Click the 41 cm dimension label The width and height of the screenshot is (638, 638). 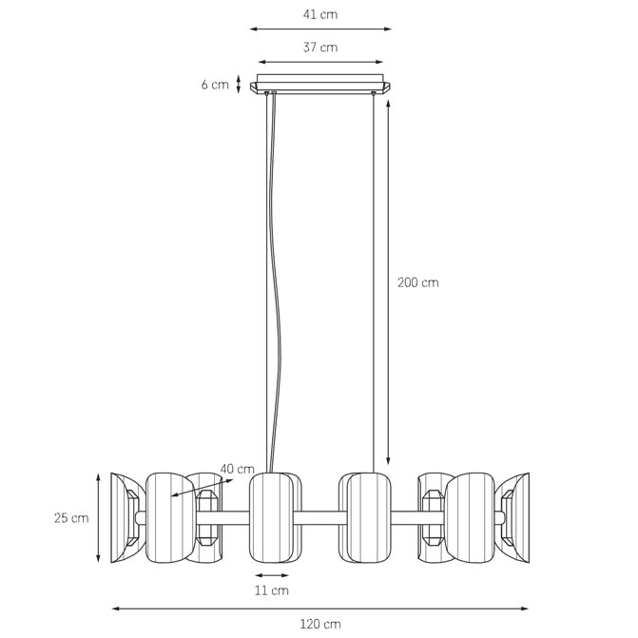pyautogui.click(x=320, y=14)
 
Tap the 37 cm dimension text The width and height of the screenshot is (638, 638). pyautogui.click(x=320, y=48)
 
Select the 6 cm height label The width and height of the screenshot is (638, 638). pyautogui.click(x=215, y=85)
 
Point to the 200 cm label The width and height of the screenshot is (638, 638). pyautogui.click(x=417, y=282)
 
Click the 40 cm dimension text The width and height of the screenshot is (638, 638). pyautogui.click(x=237, y=469)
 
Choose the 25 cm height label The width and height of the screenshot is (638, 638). pyautogui.click(x=71, y=518)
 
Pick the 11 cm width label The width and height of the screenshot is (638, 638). pyautogui.click(x=271, y=590)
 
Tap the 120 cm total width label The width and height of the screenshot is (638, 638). pyautogui.click(x=320, y=624)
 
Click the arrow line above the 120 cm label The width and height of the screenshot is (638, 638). pyautogui.click(x=320, y=609)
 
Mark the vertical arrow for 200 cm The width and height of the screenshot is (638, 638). pyautogui.click(x=388, y=282)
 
